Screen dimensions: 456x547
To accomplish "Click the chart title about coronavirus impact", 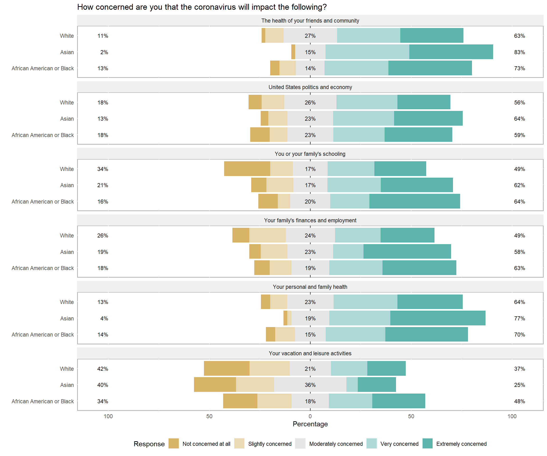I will [x=202, y=7].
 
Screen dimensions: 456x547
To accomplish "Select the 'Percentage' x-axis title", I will [x=310, y=424].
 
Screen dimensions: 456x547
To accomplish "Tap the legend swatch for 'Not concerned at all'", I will [x=174, y=443].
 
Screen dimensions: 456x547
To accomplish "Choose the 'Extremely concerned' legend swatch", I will [x=427, y=443].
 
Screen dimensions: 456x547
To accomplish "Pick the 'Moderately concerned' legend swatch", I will [x=300, y=443].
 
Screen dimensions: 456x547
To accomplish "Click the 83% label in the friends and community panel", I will [x=519, y=52].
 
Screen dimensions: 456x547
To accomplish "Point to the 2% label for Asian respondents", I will [x=104, y=52].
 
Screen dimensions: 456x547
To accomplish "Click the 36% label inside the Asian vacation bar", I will [x=310, y=385].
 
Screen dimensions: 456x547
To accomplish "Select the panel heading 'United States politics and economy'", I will [x=310, y=87].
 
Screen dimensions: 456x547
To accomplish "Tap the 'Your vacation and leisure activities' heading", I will [x=310, y=353].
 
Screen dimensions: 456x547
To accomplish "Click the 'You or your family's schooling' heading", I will [x=310, y=154].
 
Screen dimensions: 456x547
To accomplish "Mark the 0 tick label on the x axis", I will [x=310, y=416].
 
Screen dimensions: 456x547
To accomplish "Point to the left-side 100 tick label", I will [x=108, y=416].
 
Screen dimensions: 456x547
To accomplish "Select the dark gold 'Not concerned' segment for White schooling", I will [x=247, y=169].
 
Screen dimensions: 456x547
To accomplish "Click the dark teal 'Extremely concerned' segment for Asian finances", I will [x=407, y=252].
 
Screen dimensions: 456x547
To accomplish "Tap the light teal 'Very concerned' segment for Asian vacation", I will [x=352, y=384].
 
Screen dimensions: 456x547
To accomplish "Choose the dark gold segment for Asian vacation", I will [x=215, y=384].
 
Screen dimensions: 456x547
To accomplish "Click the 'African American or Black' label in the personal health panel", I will [x=43, y=335].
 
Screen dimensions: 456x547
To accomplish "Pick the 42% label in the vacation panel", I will [x=103, y=369].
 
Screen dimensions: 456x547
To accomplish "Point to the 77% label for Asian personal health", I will [x=519, y=318].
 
